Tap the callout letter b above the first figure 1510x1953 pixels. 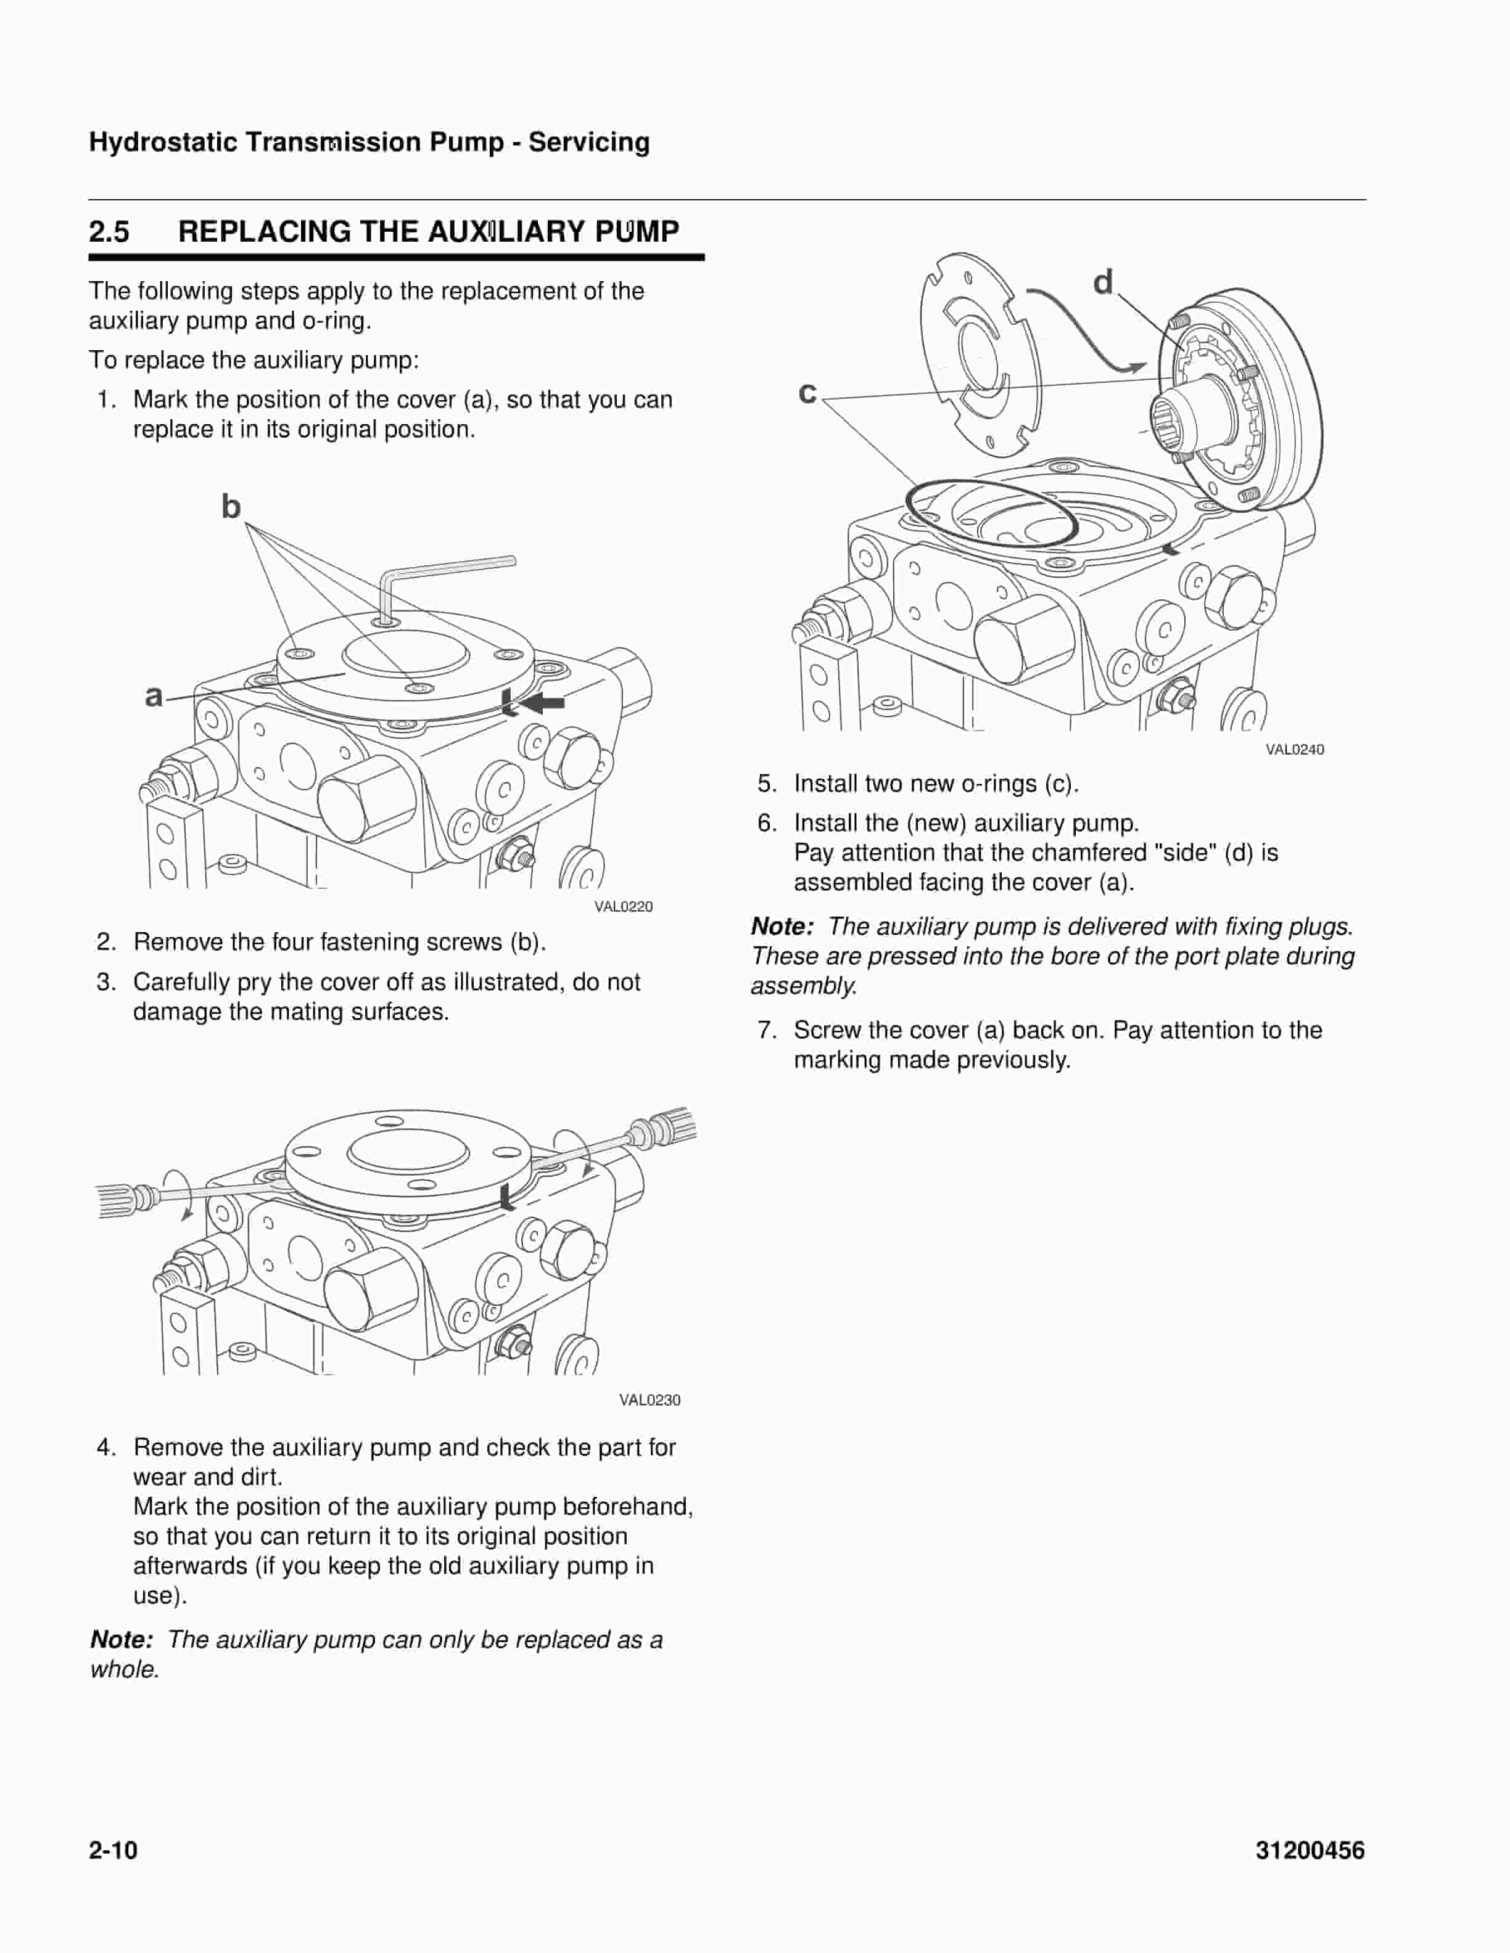[231, 507]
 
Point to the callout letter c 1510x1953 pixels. [807, 393]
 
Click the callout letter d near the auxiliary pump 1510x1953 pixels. [1103, 282]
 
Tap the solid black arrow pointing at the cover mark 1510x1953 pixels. [543, 703]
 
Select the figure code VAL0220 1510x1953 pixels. [624, 907]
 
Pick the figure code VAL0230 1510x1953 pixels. [650, 1401]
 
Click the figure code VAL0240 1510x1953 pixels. [1293, 750]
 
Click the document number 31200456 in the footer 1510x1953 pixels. [1310, 1850]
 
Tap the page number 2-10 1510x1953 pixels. [113, 1850]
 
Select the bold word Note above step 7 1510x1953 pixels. [781, 927]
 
